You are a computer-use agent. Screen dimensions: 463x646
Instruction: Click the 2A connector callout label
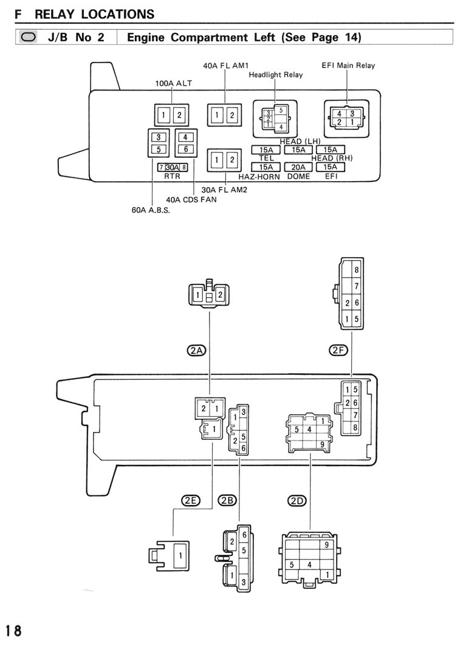pos(196,350)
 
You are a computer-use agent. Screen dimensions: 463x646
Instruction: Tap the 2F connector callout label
pos(338,350)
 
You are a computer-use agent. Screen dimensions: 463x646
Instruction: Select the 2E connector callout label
pos(190,501)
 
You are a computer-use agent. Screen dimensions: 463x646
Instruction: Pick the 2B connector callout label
pos(227,501)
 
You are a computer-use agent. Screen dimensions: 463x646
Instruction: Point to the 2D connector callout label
pos(297,501)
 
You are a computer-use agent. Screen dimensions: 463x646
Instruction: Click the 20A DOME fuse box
pos(298,167)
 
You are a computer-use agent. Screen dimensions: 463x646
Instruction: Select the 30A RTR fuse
pos(173,167)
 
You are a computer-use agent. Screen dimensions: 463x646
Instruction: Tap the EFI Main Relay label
pos(348,66)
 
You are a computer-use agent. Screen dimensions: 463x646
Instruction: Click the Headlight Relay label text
pos(276,75)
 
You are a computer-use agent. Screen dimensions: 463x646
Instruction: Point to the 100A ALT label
pos(173,83)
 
